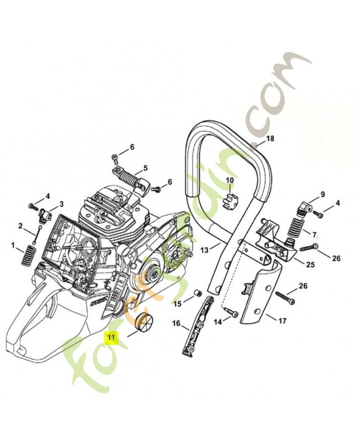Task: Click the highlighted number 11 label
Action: [112, 336]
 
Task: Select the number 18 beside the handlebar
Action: [270, 139]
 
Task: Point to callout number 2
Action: [20, 225]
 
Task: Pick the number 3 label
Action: [61, 204]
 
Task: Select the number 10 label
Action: [229, 180]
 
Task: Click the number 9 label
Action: [323, 194]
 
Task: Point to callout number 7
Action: [314, 234]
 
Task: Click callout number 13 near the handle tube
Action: [204, 250]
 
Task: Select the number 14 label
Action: [218, 321]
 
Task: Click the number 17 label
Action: [281, 320]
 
